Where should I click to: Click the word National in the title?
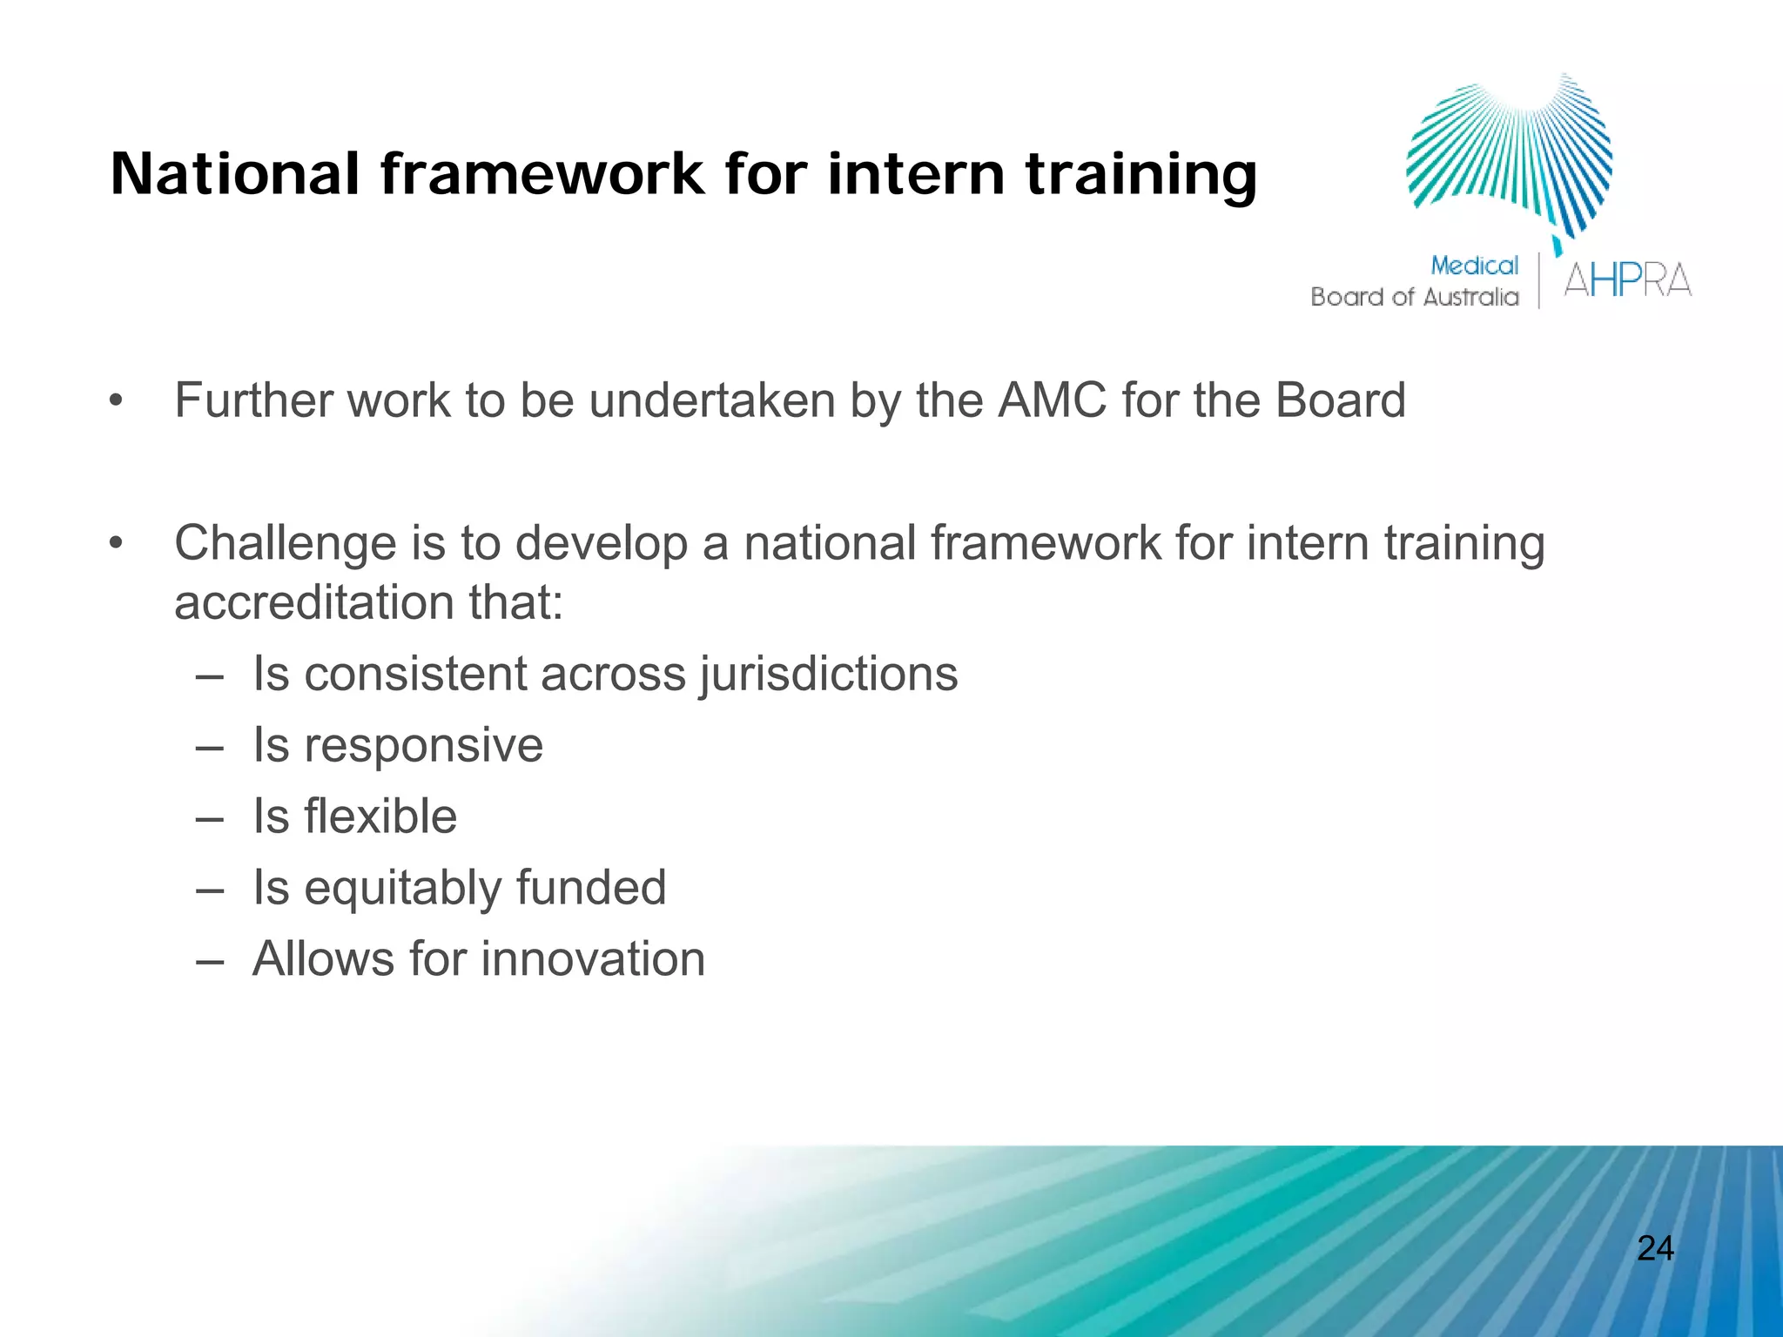(x=234, y=174)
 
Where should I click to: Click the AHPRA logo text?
(x=1627, y=280)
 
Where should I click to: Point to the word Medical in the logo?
(x=1474, y=265)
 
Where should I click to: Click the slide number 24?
(x=1655, y=1248)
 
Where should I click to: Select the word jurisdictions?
(x=828, y=675)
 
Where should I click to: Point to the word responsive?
(x=423, y=746)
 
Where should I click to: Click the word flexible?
(x=380, y=816)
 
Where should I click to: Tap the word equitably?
(x=402, y=889)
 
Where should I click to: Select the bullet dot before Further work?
(x=117, y=401)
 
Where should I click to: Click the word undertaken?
(x=712, y=400)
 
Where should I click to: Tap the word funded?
(x=591, y=888)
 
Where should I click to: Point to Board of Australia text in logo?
(x=1414, y=298)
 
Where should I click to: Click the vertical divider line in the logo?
(x=1539, y=280)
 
